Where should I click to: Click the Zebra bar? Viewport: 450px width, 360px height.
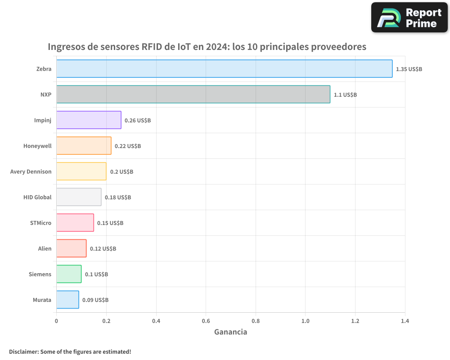[x=224, y=69]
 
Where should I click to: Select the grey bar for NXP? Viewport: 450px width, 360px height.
[x=193, y=94]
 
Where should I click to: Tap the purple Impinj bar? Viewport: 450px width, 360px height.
[x=89, y=120]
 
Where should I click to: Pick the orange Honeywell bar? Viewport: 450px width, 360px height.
[x=84, y=146]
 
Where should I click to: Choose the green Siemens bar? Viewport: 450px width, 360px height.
[x=69, y=274]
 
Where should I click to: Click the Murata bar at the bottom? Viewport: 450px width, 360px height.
[x=67, y=300]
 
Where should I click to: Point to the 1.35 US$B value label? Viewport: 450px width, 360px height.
[x=409, y=69]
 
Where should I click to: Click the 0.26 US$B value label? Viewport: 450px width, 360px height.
[x=137, y=121]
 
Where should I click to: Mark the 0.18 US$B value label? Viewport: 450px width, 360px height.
[x=117, y=198]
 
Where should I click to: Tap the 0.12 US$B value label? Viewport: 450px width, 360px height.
[x=103, y=249]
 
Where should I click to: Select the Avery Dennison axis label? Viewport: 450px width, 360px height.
[x=31, y=172]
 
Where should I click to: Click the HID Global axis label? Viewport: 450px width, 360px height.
[x=37, y=198]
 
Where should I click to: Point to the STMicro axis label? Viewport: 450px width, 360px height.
[x=40, y=223]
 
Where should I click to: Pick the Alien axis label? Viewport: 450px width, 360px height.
[x=45, y=249]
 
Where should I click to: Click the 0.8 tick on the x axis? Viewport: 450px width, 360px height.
[x=256, y=321]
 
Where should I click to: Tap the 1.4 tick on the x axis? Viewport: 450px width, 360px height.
[x=405, y=321]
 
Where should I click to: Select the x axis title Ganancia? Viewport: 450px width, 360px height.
[x=230, y=332]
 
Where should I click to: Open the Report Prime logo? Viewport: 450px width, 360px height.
[x=409, y=18]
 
